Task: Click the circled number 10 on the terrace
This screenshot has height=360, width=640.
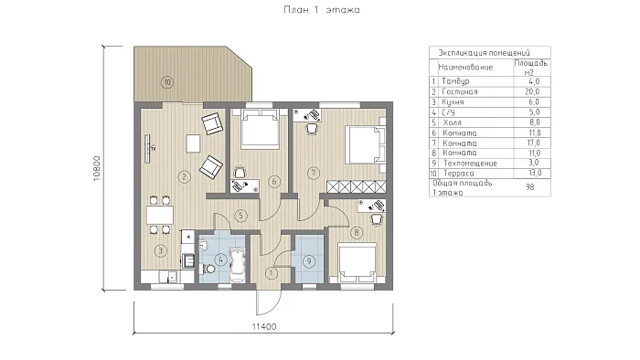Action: [x=167, y=82]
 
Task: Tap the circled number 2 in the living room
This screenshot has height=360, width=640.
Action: [x=185, y=177]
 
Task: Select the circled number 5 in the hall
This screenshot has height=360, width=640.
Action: [x=240, y=216]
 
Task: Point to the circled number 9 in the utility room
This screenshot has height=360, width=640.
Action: [x=309, y=261]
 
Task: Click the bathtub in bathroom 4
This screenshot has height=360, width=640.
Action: [x=237, y=264]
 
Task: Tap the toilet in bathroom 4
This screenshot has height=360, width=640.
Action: [x=208, y=269]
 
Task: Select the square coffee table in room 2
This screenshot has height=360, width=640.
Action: [x=193, y=143]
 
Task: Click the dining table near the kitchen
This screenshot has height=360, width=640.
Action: [x=160, y=215]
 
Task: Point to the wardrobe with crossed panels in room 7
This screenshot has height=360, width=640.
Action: [x=357, y=186]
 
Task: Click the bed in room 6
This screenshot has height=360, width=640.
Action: [x=260, y=129]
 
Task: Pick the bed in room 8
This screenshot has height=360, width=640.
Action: [x=357, y=262]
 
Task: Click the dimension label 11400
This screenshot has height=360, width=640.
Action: [x=264, y=326]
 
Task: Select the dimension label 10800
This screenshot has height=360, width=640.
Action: [x=97, y=168]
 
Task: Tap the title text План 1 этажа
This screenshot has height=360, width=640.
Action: [x=322, y=10]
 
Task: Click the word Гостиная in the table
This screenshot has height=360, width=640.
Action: [x=460, y=91]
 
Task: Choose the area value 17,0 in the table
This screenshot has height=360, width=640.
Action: [x=533, y=143]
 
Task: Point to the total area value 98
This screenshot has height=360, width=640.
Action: [x=529, y=187]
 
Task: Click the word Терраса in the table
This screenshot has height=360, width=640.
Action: [x=459, y=174]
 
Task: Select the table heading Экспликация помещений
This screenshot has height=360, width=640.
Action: [x=484, y=53]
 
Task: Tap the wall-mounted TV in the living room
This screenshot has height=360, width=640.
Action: [x=147, y=149]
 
